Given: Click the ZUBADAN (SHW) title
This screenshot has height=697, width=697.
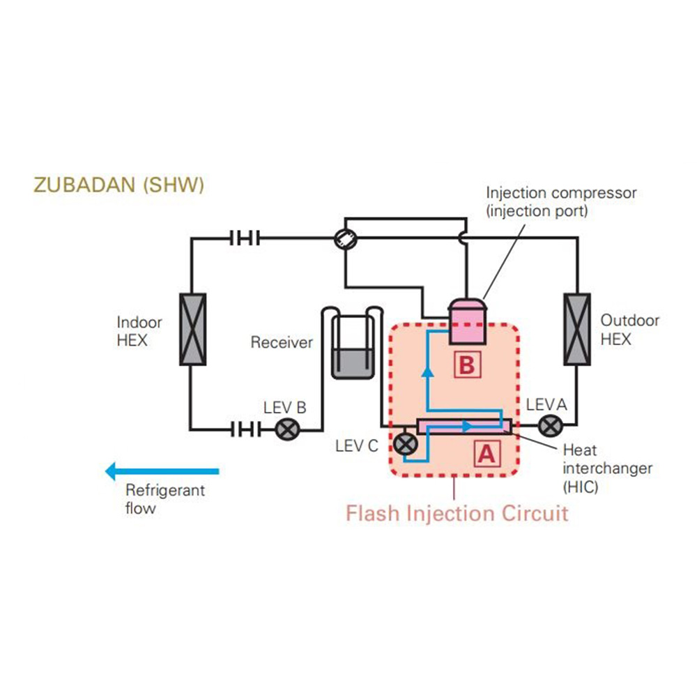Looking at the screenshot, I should click(x=118, y=185).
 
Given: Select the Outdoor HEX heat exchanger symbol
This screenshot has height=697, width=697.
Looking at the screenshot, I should click(x=577, y=329).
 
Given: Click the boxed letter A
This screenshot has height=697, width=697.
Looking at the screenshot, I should click(x=486, y=454).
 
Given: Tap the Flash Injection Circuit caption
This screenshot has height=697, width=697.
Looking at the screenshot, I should click(x=457, y=514).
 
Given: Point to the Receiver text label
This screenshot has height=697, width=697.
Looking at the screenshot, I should click(x=282, y=342).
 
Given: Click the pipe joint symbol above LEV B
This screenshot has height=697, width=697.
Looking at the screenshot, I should click(x=244, y=238).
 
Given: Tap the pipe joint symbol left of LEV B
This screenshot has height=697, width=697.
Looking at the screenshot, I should click(x=244, y=428).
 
